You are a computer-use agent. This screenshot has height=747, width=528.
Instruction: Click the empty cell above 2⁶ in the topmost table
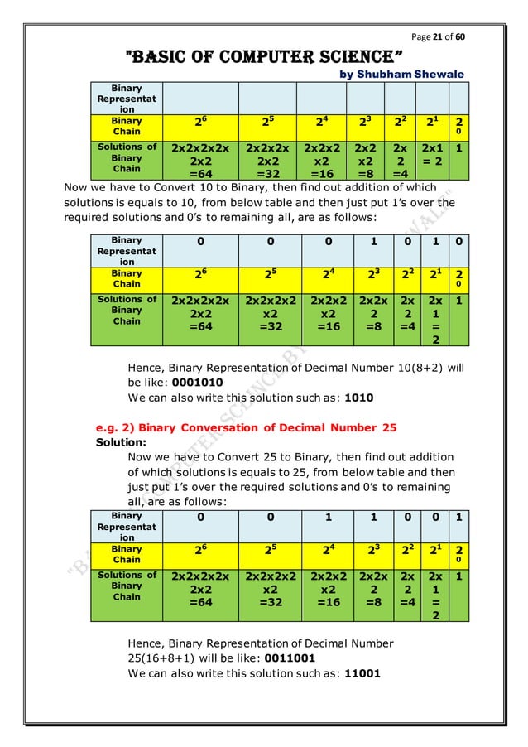[199, 99]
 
